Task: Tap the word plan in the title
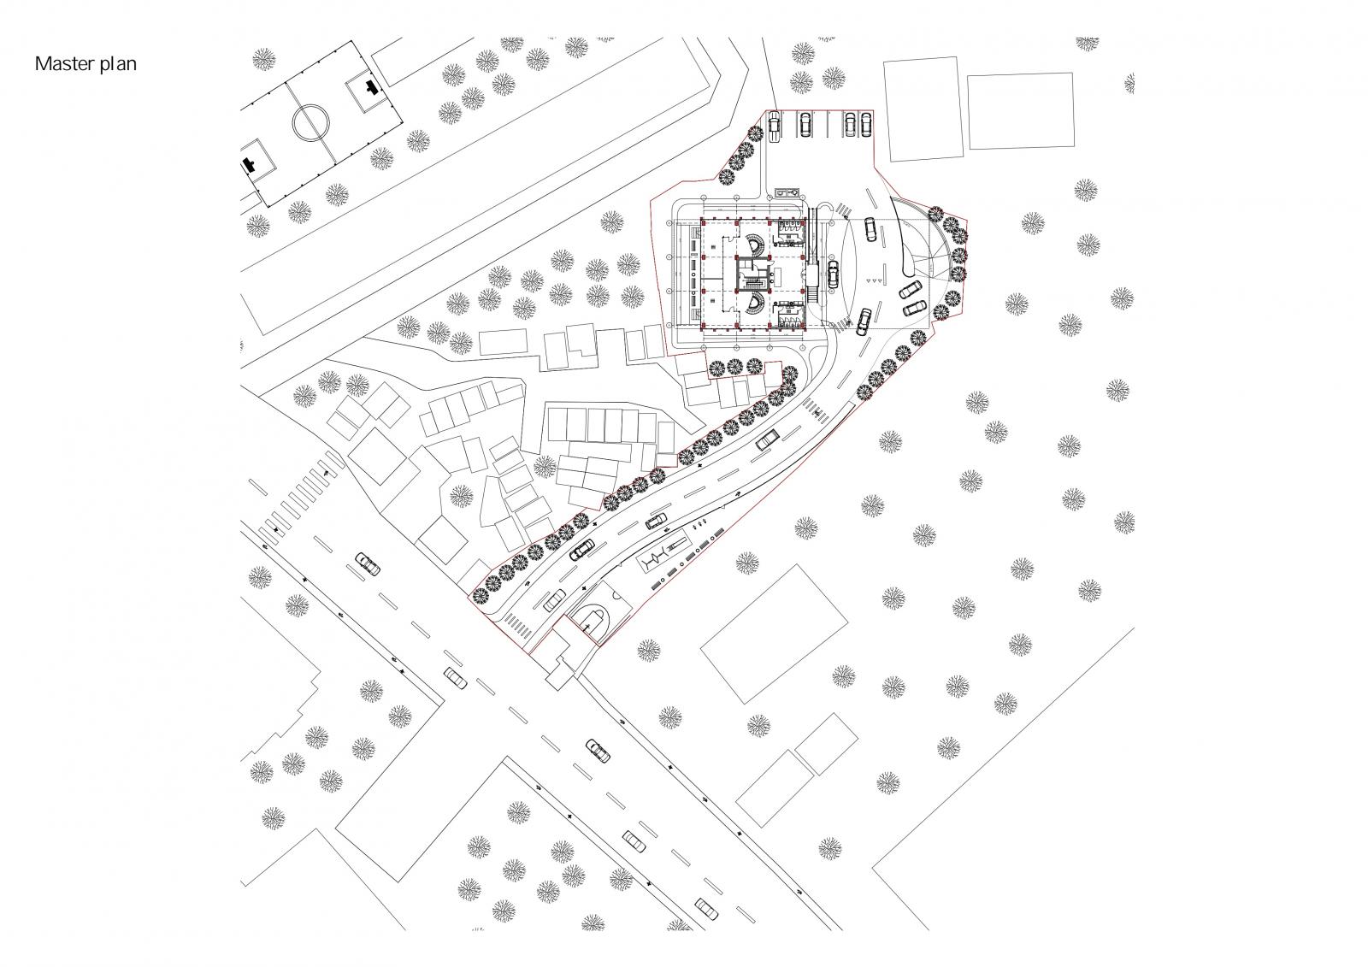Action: coord(119,64)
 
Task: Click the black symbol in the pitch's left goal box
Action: coord(248,163)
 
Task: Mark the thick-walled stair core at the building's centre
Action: coord(753,275)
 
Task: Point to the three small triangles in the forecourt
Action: coord(876,280)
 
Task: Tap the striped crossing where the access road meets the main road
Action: coord(517,628)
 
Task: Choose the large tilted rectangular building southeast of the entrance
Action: coord(774,634)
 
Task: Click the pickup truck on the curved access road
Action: coord(768,439)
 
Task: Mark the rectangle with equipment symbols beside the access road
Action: coord(663,554)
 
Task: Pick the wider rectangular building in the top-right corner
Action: coord(1021,110)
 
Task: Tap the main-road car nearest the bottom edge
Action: coord(706,908)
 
